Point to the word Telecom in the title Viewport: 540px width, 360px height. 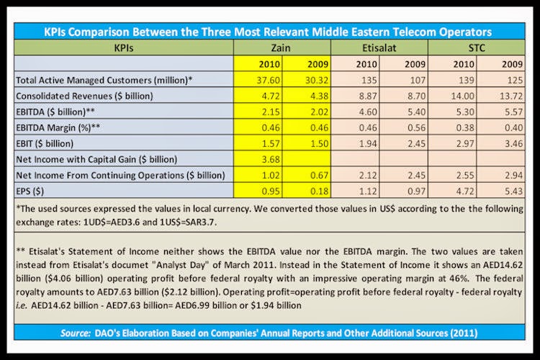point(408,32)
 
